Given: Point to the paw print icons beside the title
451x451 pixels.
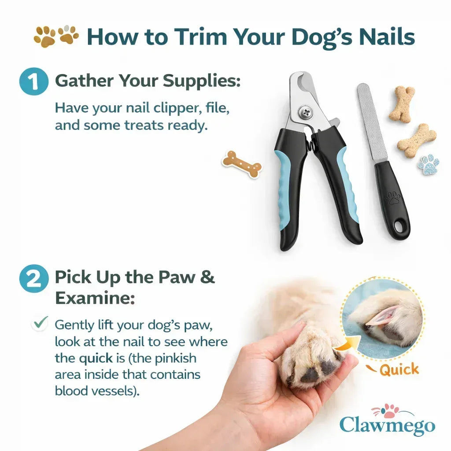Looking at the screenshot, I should pyautogui.click(x=56, y=36).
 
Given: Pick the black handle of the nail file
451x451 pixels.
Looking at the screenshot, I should pyautogui.click(x=392, y=198).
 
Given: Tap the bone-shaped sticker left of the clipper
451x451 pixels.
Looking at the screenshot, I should pyautogui.click(x=242, y=164).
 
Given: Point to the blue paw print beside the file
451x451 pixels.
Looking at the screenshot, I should pyautogui.click(x=428, y=165).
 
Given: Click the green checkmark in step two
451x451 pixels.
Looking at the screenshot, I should pyautogui.click(x=41, y=324).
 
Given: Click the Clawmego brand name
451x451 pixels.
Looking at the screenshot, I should pyautogui.click(x=387, y=425).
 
